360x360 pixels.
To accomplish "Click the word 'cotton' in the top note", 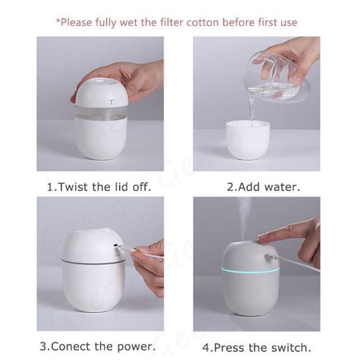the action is (x=203, y=23).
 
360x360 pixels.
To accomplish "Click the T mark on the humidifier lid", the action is (x=111, y=102).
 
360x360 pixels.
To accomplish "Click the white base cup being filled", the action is (x=248, y=140).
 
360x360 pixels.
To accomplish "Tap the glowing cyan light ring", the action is (x=250, y=270).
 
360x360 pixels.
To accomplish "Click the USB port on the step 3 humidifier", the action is (x=116, y=245).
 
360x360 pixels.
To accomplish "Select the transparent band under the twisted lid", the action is (x=101, y=111).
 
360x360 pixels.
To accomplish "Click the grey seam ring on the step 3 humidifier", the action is (x=93, y=262).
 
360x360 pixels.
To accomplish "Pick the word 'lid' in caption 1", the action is (x=122, y=187).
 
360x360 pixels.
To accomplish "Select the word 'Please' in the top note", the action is (x=76, y=23).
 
